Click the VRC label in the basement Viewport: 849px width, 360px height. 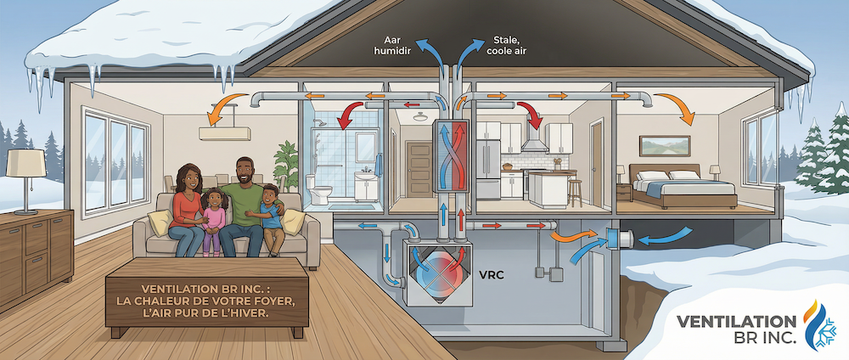492,274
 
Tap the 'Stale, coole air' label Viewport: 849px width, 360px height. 506,46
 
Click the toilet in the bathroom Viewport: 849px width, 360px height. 318,189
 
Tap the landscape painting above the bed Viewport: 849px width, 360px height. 665,146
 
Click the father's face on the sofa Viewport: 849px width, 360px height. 245,172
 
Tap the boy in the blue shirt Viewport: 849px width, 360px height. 270,219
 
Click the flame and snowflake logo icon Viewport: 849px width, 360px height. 818,325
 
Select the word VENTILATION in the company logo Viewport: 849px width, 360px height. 736,322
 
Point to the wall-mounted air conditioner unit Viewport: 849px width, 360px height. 225,133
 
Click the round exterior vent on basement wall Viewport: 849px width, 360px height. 619,239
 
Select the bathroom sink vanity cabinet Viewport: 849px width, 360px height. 367,187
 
